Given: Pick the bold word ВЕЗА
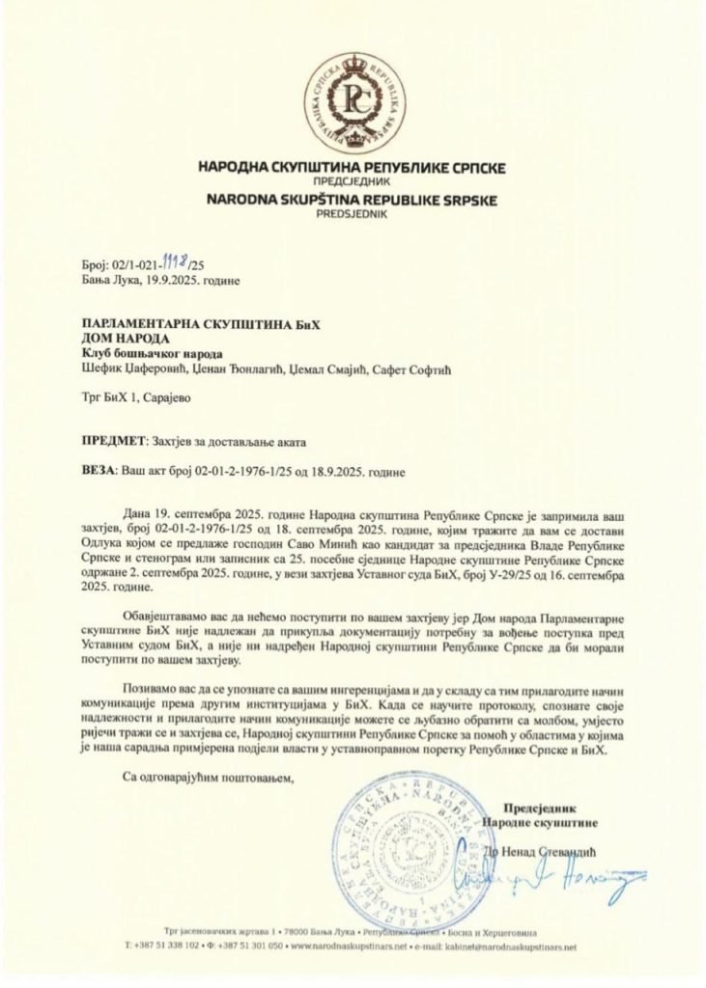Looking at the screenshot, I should (x=98, y=472).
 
